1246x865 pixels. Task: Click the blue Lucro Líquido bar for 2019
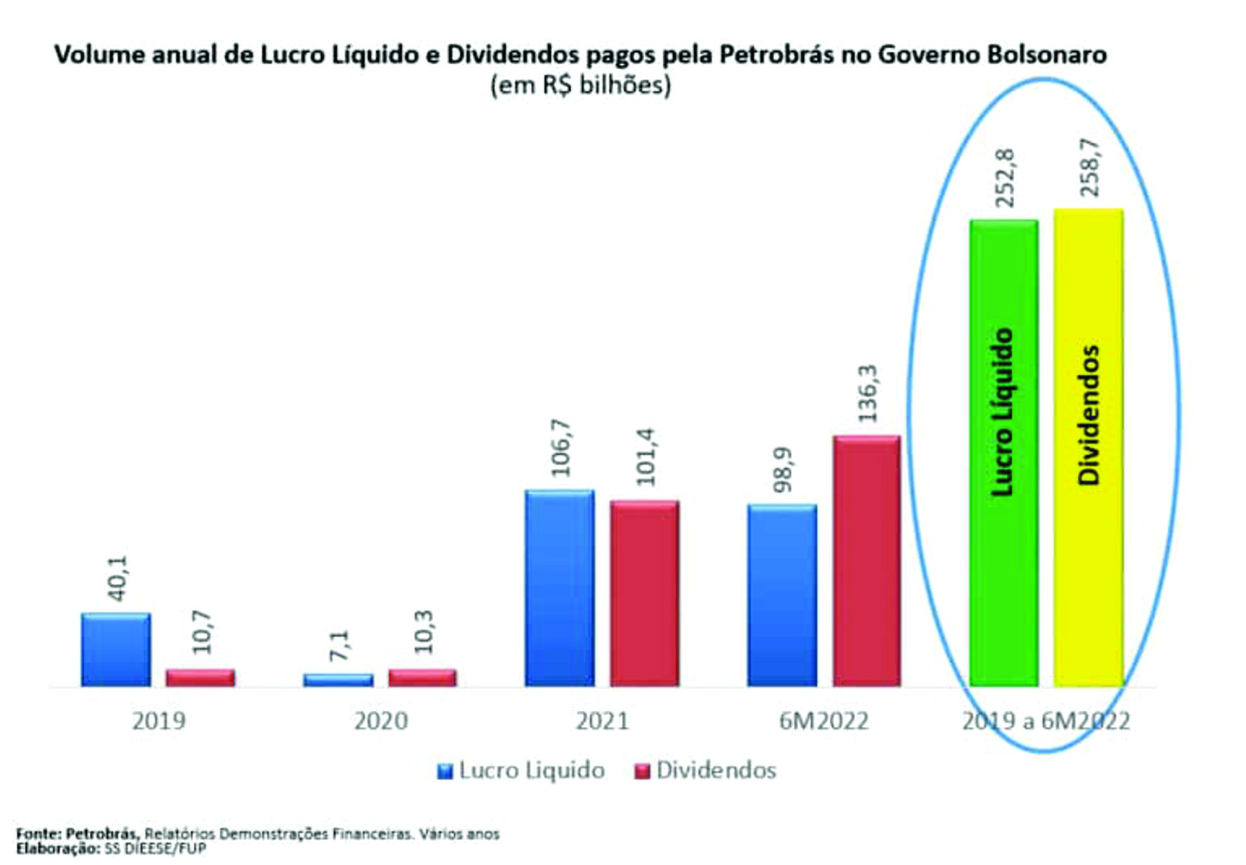pos(115,650)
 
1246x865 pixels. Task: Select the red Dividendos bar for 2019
pos(200,678)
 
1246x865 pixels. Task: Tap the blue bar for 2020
pos(338,680)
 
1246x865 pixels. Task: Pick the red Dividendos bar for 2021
pos(644,594)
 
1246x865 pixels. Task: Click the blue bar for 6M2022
pos(782,595)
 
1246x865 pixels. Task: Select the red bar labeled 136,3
pos(867,561)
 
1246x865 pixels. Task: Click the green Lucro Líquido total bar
pos(1003,453)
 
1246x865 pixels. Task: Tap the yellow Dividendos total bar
pos(1088,447)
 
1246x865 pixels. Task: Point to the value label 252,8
pos(1005,178)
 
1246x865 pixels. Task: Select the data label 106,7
pos(561,448)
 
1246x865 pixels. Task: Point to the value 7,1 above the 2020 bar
pos(339,645)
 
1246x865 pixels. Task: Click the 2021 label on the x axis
pos(602,721)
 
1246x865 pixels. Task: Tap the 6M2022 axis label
pos(823,721)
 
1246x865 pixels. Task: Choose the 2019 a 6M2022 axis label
pos(1046,721)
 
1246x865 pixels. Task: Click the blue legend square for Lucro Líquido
pos(444,771)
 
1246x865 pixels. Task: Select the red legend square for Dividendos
pos(642,771)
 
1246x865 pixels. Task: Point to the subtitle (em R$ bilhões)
pos(581,85)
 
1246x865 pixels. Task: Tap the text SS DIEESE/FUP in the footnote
pos(155,849)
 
